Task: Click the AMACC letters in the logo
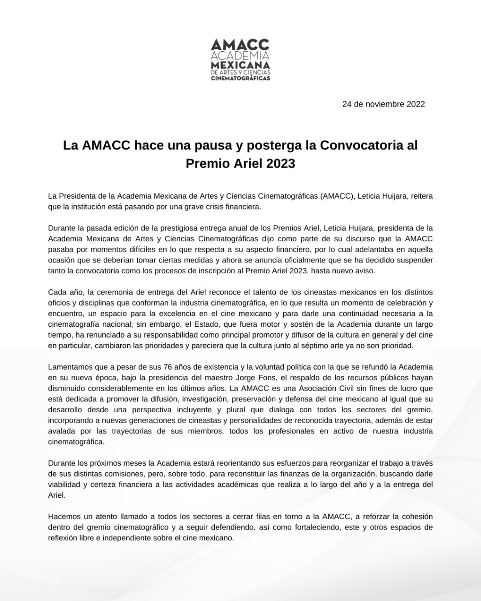(x=240, y=45)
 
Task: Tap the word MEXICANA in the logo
(x=240, y=64)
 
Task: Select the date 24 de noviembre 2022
(x=383, y=104)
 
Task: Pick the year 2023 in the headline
(x=279, y=164)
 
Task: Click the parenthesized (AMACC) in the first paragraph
(x=337, y=196)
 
